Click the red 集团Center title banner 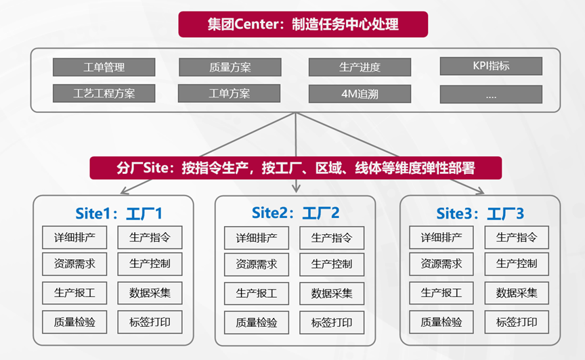tap(303, 24)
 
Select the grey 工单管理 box tap(104, 67)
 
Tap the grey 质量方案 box tap(230, 67)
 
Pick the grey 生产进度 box tap(360, 67)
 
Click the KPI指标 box tap(491, 66)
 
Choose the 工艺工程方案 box tap(104, 93)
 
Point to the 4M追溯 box tap(360, 93)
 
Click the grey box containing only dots tap(491, 94)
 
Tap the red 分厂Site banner tap(295, 168)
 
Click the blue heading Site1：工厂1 tap(118, 214)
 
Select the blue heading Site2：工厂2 tap(295, 213)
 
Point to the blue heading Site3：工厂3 tap(480, 214)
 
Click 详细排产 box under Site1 tap(74, 238)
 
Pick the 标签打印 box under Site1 tap(150, 322)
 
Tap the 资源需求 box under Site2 tap(257, 265)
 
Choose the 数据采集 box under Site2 tap(332, 293)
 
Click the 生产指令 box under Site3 tap(517, 238)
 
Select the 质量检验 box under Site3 tap(441, 322)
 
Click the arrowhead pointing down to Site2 tap(296, 188)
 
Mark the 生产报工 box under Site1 tap(74, 293)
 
